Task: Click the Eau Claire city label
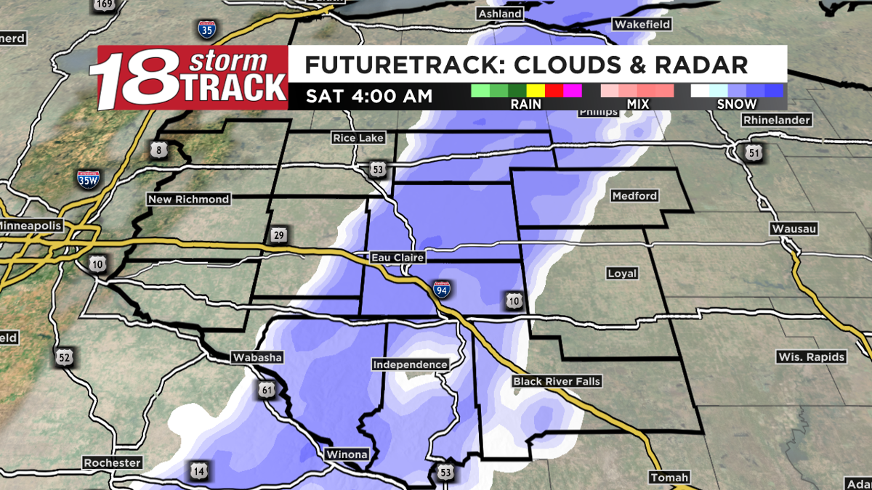[x=397, y=258]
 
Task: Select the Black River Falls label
[x=557, y=381]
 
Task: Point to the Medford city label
[x=634, y=196]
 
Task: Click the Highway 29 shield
[x=278, y=234]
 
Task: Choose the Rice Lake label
[x=358, y=138]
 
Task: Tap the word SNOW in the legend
[x=737, y=104]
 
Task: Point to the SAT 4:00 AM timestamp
[x=369, y=95]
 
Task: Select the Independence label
[x=410, y=364]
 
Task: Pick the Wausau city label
[x=794, y=229]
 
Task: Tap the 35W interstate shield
[x=88, y=179]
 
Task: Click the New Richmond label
[x=188, y=199]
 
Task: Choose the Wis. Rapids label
[x=811, y=357]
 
